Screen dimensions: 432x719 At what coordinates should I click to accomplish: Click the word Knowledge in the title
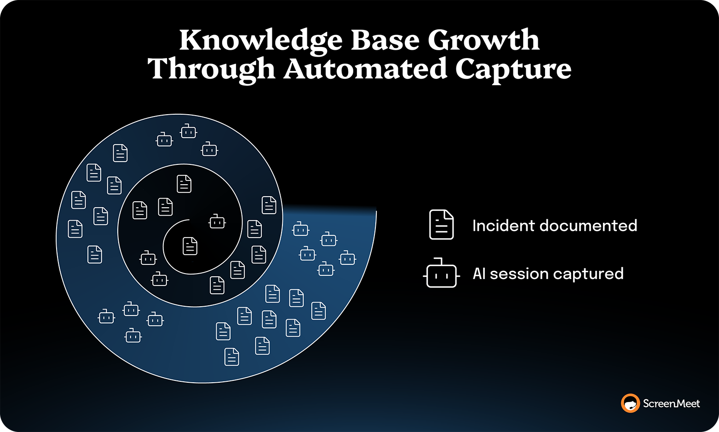260,41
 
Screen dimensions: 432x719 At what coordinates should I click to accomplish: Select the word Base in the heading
385,40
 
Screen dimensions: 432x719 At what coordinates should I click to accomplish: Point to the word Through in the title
211,69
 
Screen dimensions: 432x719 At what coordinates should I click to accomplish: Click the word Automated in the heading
365,69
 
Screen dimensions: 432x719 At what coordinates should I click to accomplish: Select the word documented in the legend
588,226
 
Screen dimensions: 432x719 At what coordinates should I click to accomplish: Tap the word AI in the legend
479,274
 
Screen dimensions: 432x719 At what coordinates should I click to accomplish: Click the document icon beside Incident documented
441,225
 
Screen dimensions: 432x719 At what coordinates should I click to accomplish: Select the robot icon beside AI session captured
441,274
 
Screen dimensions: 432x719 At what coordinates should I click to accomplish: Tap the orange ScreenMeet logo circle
630,403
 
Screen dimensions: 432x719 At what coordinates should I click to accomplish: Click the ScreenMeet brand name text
671,404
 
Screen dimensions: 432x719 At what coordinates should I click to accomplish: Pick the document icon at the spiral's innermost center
190,246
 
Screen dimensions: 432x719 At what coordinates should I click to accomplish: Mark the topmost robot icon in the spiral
188,132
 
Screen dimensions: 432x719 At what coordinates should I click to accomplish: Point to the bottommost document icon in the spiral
231,357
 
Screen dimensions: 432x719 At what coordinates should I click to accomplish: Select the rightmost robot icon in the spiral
347,258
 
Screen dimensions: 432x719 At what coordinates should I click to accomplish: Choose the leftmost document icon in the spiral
75,229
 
